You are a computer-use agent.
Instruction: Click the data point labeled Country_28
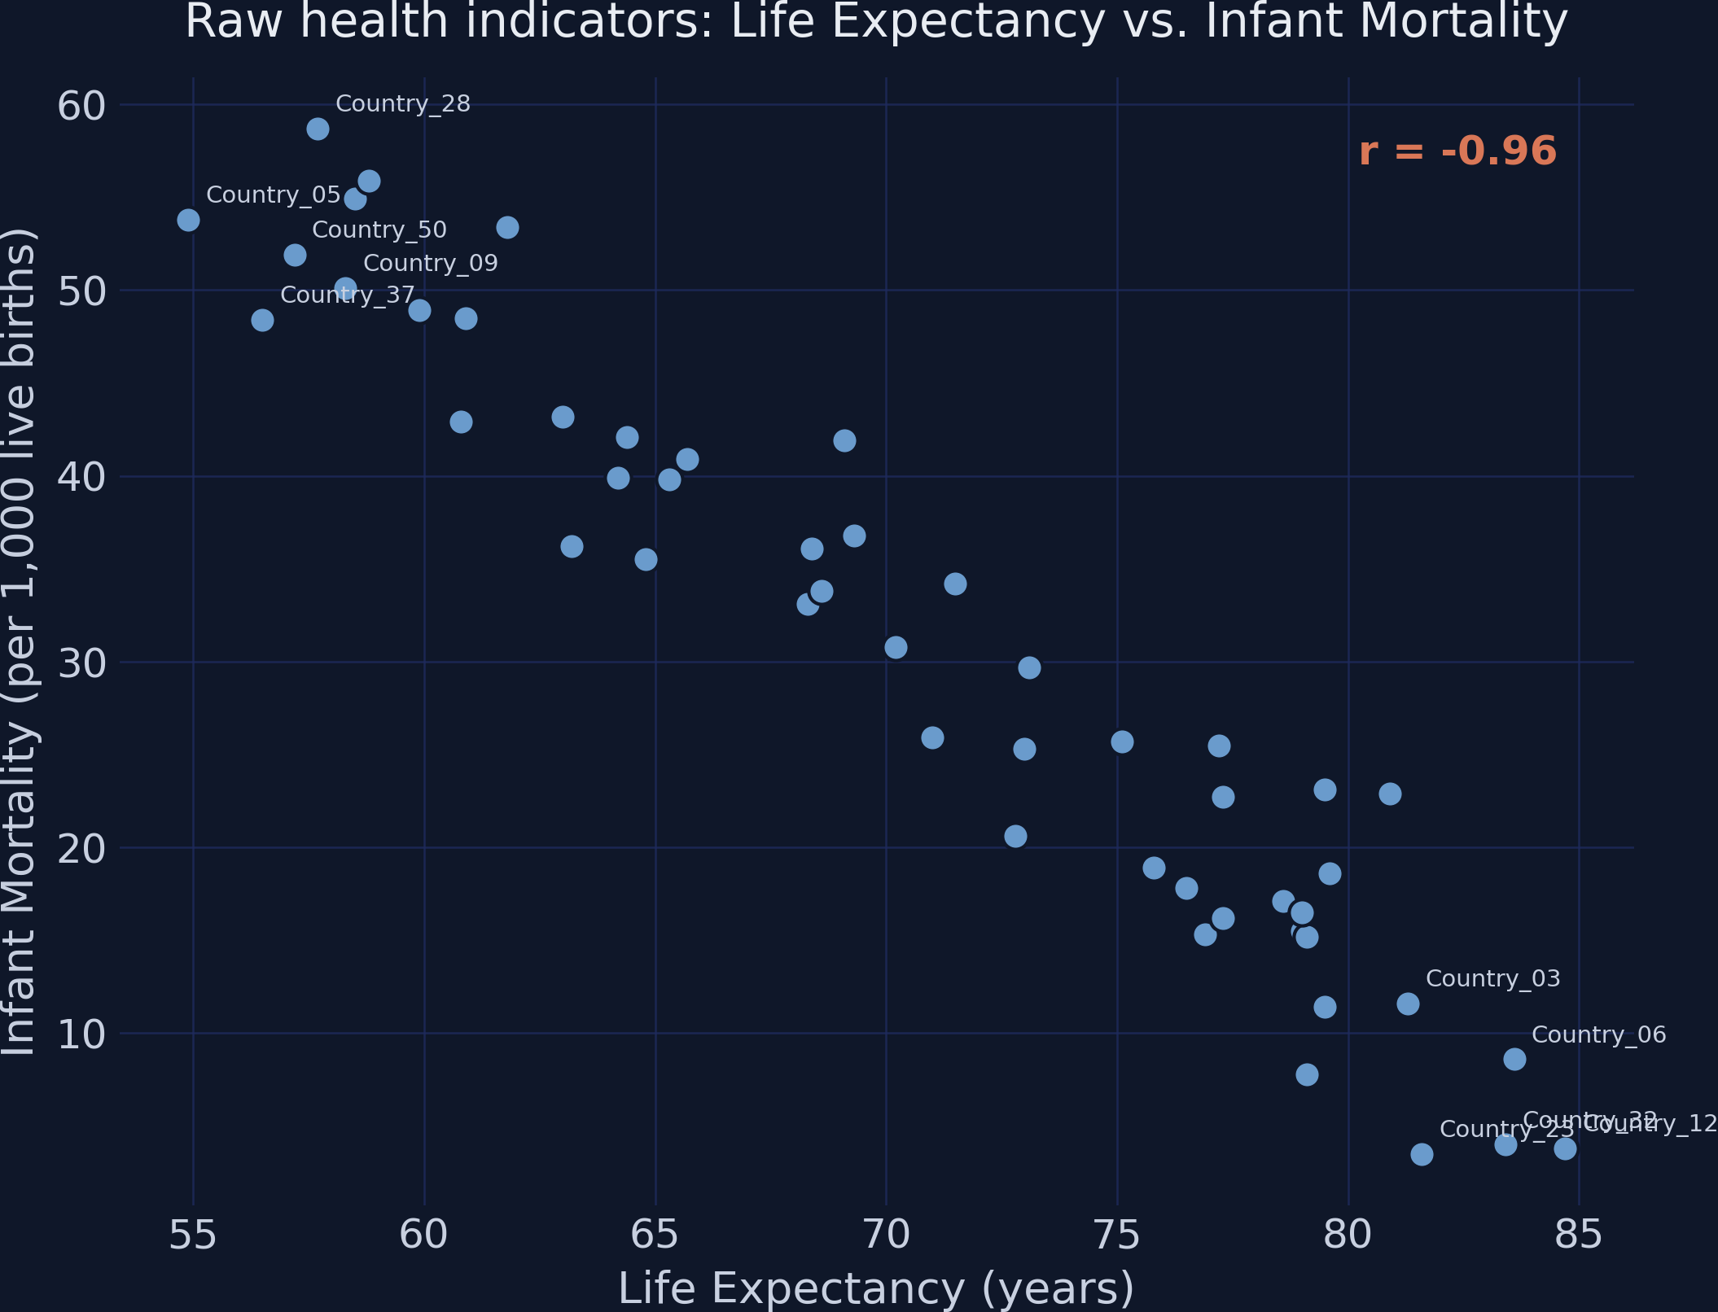[x=318, y=129]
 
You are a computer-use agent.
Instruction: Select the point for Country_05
[x=188, y=221]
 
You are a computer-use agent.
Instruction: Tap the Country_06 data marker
[x=1514, y=1059]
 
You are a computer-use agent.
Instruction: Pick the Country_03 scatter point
[x=1408, y=1004]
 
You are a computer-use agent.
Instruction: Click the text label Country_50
[x=379, y=230]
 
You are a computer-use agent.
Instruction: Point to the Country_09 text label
[x=430, y=264]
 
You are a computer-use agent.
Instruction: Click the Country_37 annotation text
[x=348, y=295]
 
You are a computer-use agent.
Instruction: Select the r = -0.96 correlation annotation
[x=1457, y=151]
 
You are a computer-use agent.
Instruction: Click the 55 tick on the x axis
[x=193, y=1235]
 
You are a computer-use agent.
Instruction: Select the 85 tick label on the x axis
[x=1579, y=1235]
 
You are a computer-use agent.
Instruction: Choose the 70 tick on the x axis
[x=886, y=1235]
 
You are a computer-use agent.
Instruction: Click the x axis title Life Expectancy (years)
[x=875, y=1288]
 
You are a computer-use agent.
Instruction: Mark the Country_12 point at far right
[x=1565, y=1148]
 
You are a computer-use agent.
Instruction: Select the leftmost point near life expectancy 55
[x=188, y=221]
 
